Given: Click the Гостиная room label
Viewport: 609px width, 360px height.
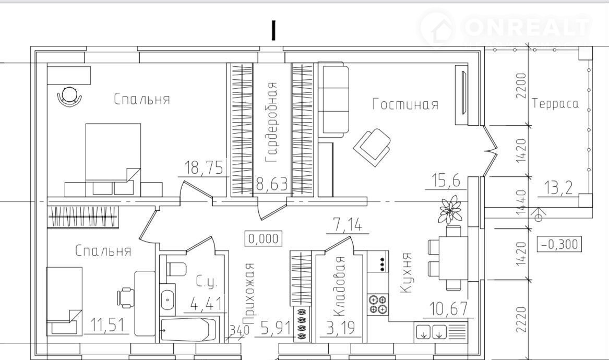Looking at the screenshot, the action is click(x=405, y=104).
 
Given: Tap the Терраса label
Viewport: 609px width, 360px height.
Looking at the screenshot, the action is click(x=555, y=103).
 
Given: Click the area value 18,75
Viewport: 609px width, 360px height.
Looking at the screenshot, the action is click(x=204, y=168).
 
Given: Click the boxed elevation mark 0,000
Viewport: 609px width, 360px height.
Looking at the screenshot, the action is click(x=264, y=238).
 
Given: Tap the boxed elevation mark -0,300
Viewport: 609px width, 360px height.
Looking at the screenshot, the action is click(x=559, y=244).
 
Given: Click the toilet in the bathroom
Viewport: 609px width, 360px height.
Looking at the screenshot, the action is click(x=177, y=269).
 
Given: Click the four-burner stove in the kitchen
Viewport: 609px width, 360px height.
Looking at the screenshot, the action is click(x=378, y=304).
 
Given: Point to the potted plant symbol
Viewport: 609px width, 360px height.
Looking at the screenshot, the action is click(x=450, y=209).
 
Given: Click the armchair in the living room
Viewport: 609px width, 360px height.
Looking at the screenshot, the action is click(x=372, y=147).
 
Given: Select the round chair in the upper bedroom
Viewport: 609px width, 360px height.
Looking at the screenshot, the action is click(x=69, y=95).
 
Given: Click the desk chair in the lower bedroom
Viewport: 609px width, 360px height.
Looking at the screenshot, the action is click(x=126, y=297).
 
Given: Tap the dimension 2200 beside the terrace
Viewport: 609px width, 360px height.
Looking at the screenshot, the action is click(x=520, y=86).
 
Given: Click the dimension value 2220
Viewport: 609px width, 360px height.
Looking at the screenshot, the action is click(x=522, y=320).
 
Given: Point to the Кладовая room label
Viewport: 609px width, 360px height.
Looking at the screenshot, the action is click(x=339, y=286).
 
